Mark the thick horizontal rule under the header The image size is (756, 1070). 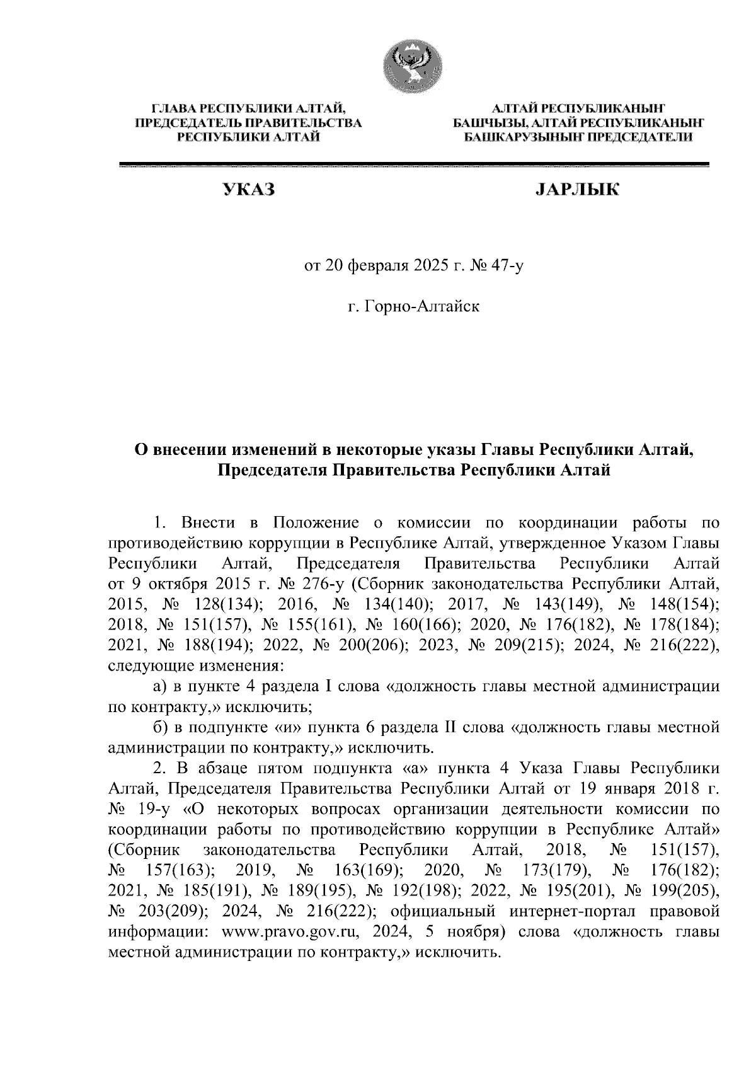point(414,165)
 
